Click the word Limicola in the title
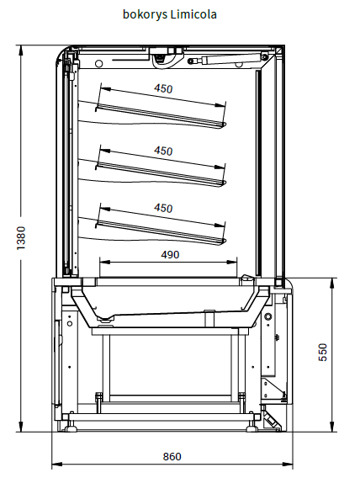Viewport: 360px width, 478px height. pyautogui.click(x=193, y=14)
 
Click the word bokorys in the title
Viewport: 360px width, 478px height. pyautogui.click(x=145, y=14)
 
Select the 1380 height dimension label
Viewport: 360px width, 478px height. pyautogui.click(x=21, y=238)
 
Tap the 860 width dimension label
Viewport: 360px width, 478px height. pyautogui.click(x=172, y=456)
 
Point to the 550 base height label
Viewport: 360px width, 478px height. pyautogui.click(x=323, y=352)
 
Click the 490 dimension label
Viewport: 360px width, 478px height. pyautogui.click(x=170, y=254)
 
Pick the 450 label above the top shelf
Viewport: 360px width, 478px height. pyautogui.click(x=163, y=88)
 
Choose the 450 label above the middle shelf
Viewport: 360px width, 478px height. pyautogui.click(x=163, y=151)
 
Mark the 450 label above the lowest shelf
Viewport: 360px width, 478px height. pyautogui.click(x=163, y=208)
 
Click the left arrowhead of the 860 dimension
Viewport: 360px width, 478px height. pyautogui.click(x=56, y=465)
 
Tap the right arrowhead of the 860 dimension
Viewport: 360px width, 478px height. pyautogui.click(x=288, y=465)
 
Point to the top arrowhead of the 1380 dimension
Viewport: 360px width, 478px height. pyautogui.click(x=21, y=50)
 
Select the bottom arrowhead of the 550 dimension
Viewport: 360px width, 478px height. pyautogui.click(x=332, y=427)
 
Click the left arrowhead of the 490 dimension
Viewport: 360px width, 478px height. pyautogui.click(x=104, y=262)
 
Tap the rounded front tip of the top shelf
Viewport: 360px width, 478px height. pyautogui.click(x=225, y=125)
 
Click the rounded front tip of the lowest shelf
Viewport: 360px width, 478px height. pyautogui.click(x=225, y=242)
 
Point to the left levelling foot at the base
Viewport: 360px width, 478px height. pyautogui.click(x=70, y=427)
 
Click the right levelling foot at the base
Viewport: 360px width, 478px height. pyautogui.click(x=251, y=427)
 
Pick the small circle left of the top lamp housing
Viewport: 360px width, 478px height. pyautogui.click(x=99, y=64)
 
